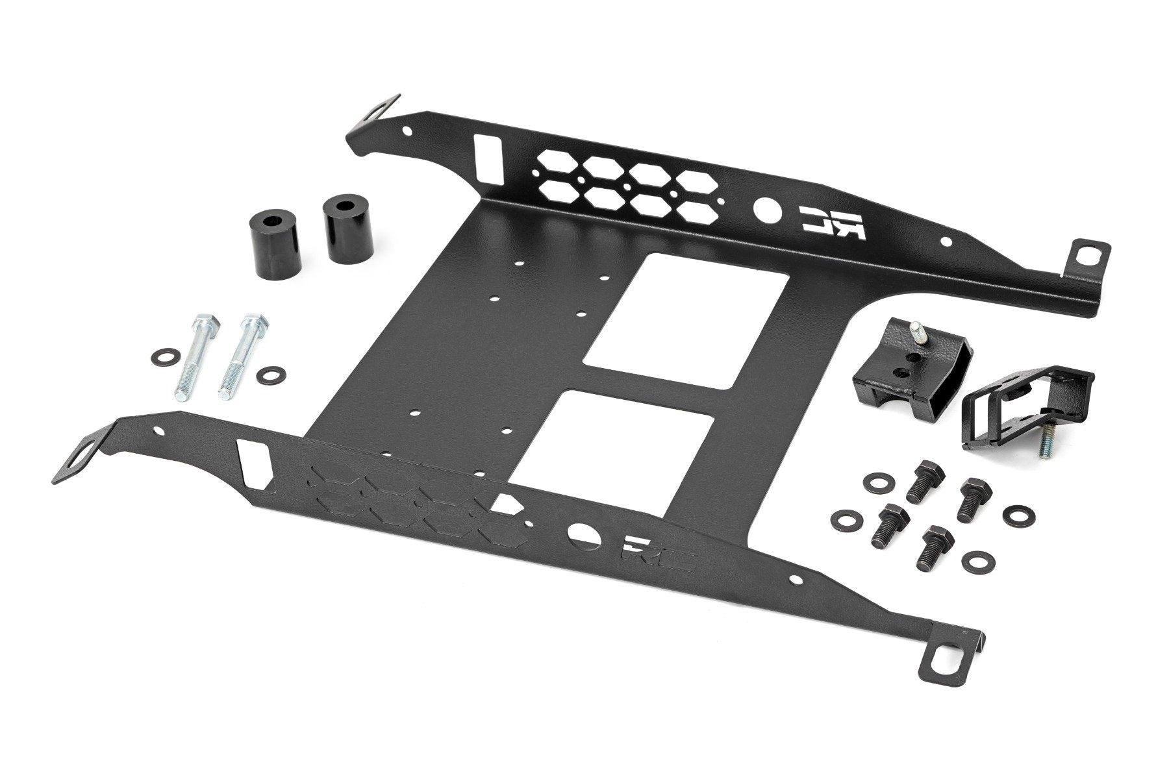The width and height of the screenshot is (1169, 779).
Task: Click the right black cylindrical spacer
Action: coord(344,240)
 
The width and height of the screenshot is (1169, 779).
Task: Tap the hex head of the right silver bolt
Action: coord(254,321)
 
